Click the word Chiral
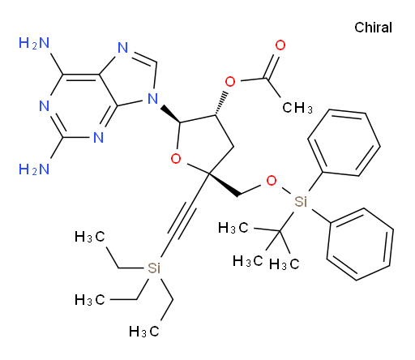[373, 28]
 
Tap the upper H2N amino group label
[34, 43]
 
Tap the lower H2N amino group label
[34, 169]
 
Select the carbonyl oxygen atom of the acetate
[280, 45]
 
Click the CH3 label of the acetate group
[297, 108]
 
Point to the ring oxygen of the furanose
[176, 158]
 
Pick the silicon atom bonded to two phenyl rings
[301, 201]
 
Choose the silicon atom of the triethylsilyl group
[154, 268]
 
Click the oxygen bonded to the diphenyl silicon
[272, 181]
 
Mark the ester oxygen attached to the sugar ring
[230, 81]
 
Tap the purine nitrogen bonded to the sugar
[153, 98]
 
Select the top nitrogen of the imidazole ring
[123, 48]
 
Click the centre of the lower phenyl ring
[360, 244]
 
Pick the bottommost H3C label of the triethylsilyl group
[143, 332]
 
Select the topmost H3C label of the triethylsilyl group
[89, 237]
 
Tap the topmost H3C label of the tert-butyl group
[233, 228]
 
